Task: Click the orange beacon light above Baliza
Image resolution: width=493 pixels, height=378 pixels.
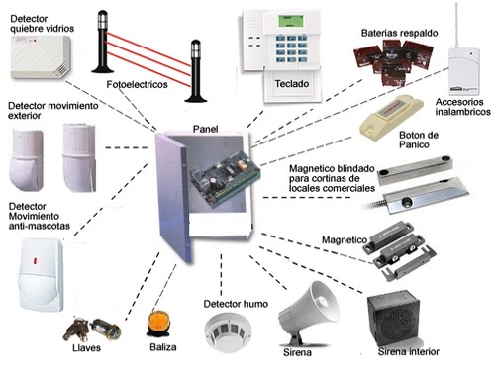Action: click(x=158, y=325)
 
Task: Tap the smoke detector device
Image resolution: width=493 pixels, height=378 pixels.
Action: click(x=228, y=332)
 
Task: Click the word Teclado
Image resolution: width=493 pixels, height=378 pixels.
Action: click(x=292, y=84)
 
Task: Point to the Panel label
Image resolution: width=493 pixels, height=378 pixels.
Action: click(x=205, y=129)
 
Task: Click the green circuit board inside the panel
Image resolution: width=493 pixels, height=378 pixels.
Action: click(x=225, y=179)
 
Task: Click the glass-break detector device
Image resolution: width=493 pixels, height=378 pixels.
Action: click(x=41, y=56)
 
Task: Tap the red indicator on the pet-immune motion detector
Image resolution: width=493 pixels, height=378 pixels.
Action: click(x=35, y=261)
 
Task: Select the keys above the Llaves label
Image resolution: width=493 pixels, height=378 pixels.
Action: click(x=92, y=331)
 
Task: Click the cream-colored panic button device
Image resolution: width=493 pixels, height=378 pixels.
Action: click(x=391, y=118)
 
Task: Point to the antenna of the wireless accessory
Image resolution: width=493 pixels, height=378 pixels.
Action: click(x=456, y=26)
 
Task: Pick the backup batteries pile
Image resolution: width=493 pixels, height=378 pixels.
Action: click(x=393, y=60)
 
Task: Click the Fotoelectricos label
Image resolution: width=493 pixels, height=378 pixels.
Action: click(x=137, y=85)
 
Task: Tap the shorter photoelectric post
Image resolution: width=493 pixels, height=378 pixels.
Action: click(x=195, y=71)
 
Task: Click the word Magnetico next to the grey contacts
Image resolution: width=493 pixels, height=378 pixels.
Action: click(x=345, y=239)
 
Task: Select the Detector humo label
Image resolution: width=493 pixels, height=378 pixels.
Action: click(x=236, y=304)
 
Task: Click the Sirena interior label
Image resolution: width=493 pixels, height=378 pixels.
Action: click(x=409, y=352)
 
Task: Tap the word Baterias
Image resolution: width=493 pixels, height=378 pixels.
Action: click(x=379, y=33)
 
